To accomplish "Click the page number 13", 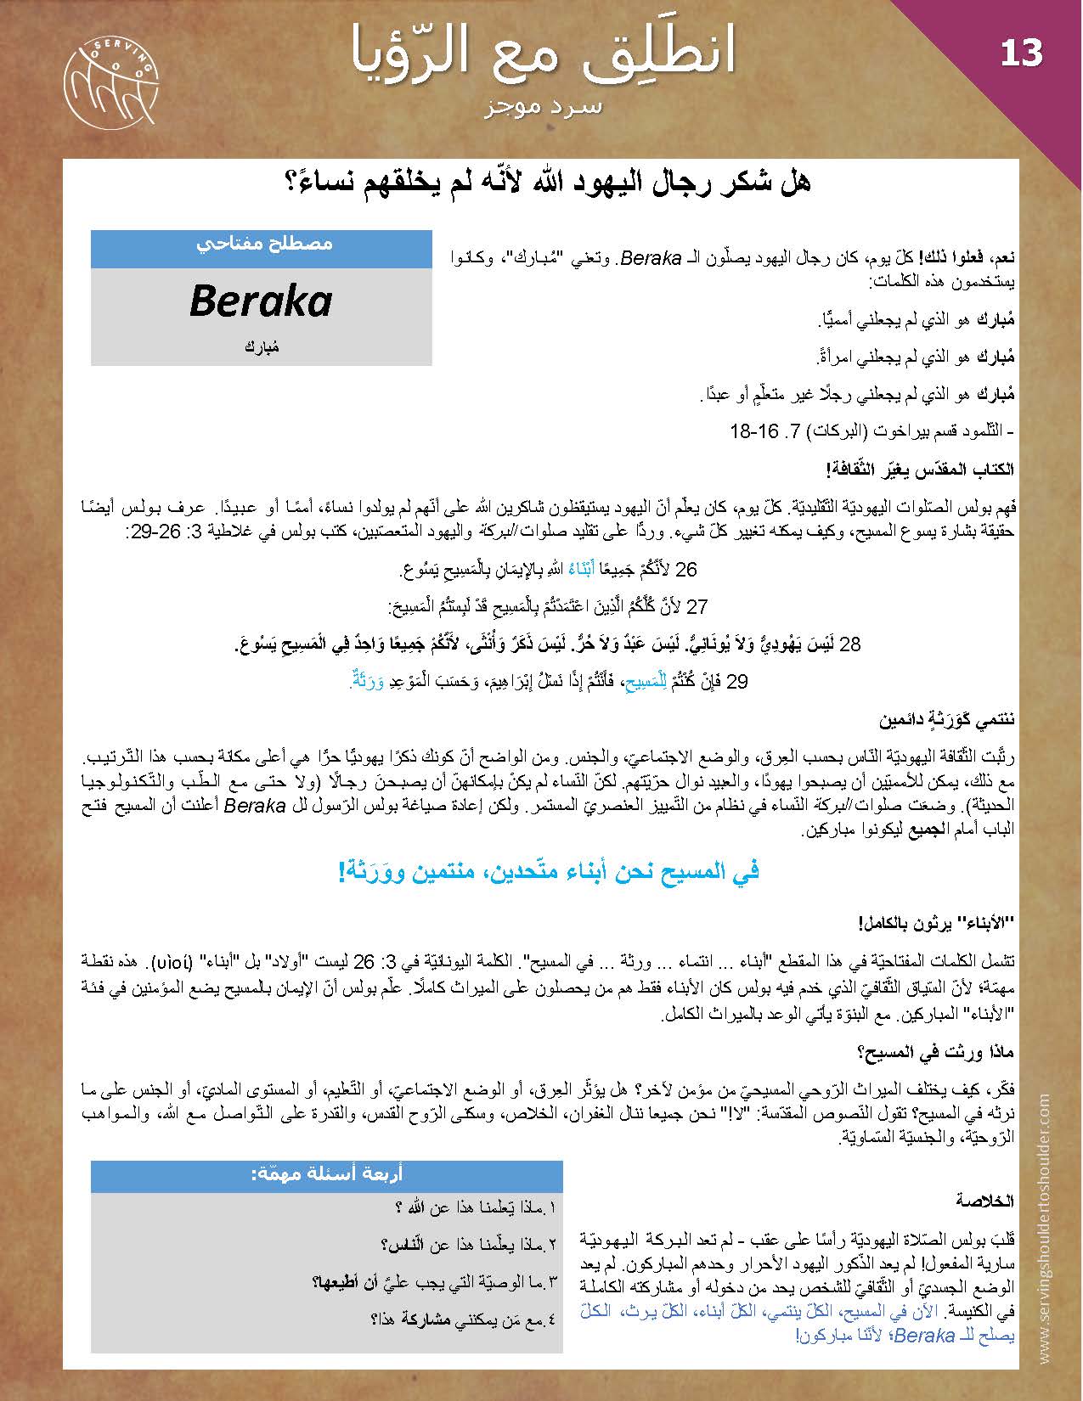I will (x=1021, y=53).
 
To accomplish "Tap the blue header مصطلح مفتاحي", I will (x=262, y=244).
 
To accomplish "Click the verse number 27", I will (x=697, y=607).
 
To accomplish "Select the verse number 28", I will (x=850, y=645).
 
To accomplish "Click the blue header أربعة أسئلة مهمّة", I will (x=326, y=1174).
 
